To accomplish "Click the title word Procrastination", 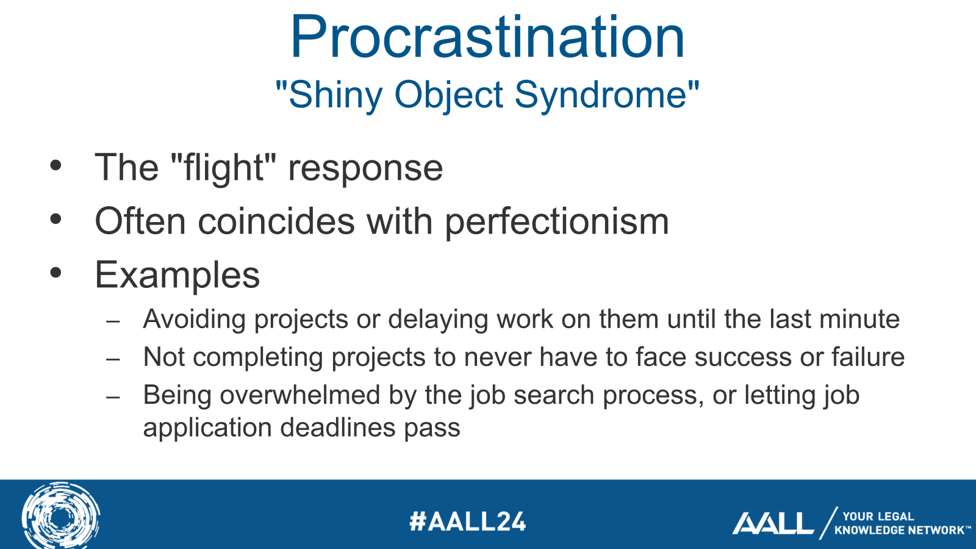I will coord(487,38).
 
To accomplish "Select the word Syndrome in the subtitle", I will coord(601,95).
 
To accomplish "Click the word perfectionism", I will coord(556,222).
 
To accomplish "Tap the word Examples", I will coord(177,275).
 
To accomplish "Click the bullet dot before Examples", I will coord(56,273).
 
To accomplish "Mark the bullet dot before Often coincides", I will coord(56,219).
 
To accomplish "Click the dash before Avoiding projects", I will coord(113,321).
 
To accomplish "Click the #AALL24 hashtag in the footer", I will coord(468,522).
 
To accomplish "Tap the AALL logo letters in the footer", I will coord(772,523).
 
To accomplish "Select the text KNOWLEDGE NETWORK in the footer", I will coord(900,531).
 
